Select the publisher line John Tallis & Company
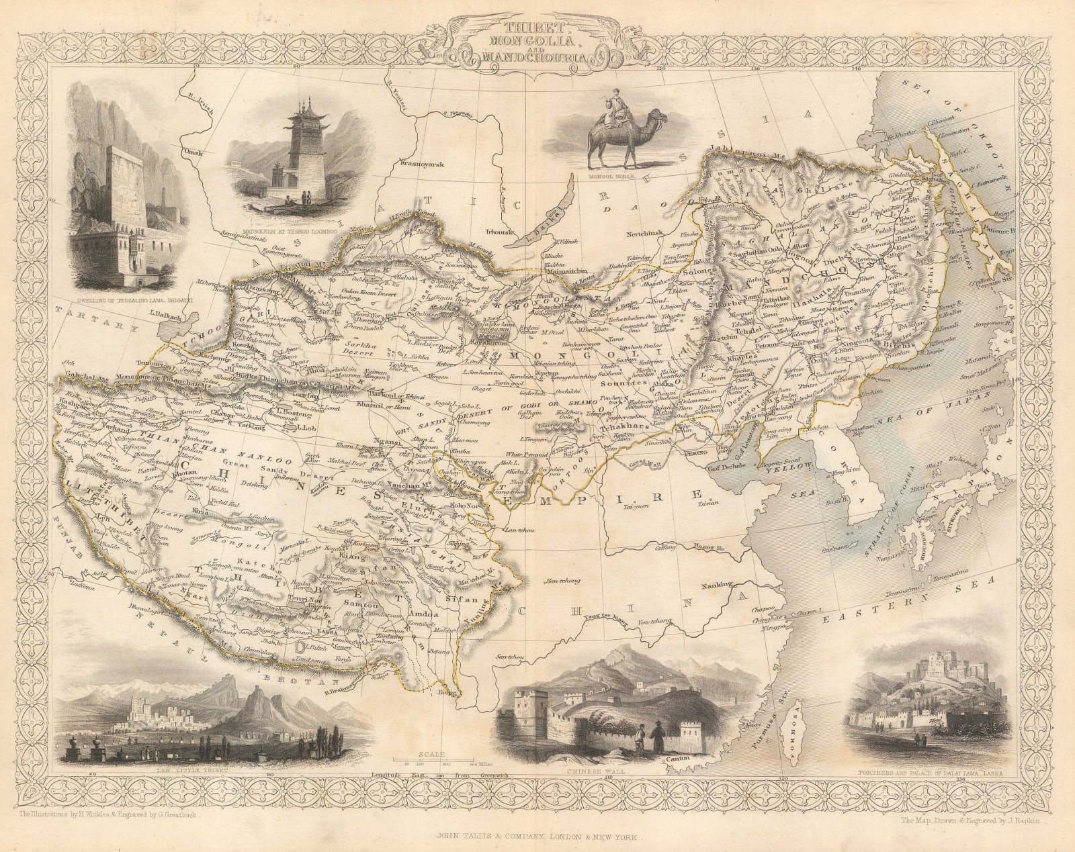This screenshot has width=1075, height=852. [537, 837]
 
